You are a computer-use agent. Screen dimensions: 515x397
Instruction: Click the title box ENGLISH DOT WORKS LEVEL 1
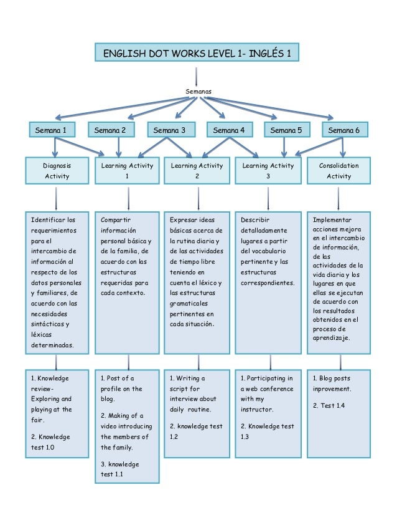[x=197, y=53]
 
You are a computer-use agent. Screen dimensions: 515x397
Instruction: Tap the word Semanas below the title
[x=198, y=91]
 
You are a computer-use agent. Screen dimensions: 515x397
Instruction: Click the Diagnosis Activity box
[x=57, y=171]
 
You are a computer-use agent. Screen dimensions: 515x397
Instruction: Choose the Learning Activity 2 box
[x=197, y=171]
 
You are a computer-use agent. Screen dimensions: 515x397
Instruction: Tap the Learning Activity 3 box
[x=268, y=171]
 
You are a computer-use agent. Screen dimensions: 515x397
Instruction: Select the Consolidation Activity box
[x=339, y=171]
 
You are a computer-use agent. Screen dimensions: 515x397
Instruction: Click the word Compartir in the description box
[x=116, y=220]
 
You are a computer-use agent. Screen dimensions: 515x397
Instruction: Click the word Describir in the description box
[x=255, y=220]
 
